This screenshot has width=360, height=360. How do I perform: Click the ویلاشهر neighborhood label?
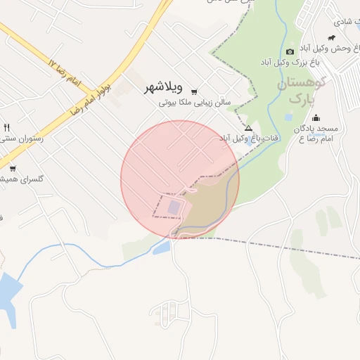(x=163, y=88)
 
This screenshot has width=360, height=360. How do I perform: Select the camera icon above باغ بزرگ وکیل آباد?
(x=290, y=51)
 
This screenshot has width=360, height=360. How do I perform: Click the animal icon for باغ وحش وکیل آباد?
(x=331, y=37)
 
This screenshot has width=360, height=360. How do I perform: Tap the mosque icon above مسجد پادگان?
(x=316, y=117)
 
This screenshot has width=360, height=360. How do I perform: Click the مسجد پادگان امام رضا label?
(x=316, y=134)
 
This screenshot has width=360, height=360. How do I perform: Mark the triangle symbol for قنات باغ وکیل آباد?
(x=248, y=128)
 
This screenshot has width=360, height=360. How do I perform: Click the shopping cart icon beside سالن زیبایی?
(x=194, y=91)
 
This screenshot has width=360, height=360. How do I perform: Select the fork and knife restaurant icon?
(x=7, y=128)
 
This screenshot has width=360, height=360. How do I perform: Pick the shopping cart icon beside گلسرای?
(x=13, y=168)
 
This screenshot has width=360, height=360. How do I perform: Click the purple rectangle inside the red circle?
(x=174, y=207)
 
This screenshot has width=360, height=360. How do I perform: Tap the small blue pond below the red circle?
(x=161, y=247)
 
